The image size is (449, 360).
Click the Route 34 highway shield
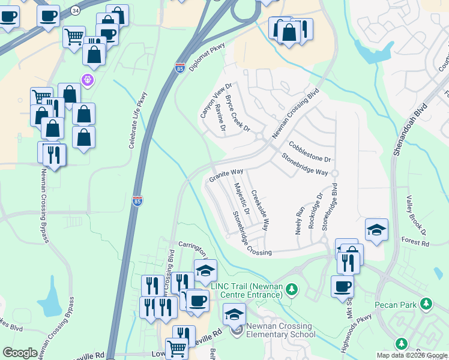click(x=74, y=11)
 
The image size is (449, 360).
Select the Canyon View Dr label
click(x=215, y=100)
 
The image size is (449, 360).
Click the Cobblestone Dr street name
click(x=310, y=152)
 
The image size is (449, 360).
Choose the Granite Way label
click(x=226, y=175)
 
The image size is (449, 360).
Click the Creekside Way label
click(x=259, y=211)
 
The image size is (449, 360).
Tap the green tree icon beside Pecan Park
click(x=427, y=304)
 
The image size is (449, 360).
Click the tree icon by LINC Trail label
click(x=292, y=290)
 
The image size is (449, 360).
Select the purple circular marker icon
click(x=88, y=79)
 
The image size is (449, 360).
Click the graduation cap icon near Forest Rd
click(x=376, y=230)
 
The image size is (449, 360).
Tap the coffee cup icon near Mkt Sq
click(x=342, y=286)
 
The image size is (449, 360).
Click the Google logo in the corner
click(x=20, y=353)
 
